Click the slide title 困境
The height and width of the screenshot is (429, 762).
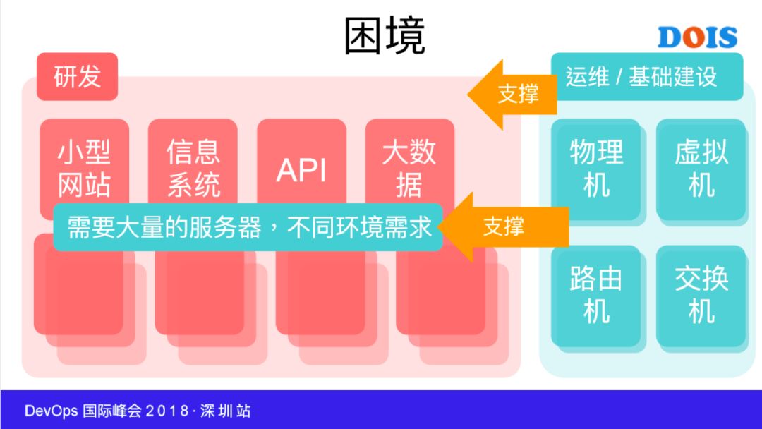385,36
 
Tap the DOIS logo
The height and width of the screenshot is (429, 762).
697,37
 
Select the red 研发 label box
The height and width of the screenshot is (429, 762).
77,76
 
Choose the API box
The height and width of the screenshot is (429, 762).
301,168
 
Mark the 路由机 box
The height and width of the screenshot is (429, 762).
596,295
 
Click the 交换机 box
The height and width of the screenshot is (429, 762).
701,295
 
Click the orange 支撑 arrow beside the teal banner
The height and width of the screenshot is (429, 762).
501,226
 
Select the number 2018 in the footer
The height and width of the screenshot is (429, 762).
167,411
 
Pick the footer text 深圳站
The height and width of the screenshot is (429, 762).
225,411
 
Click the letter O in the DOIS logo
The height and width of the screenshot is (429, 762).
694,37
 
